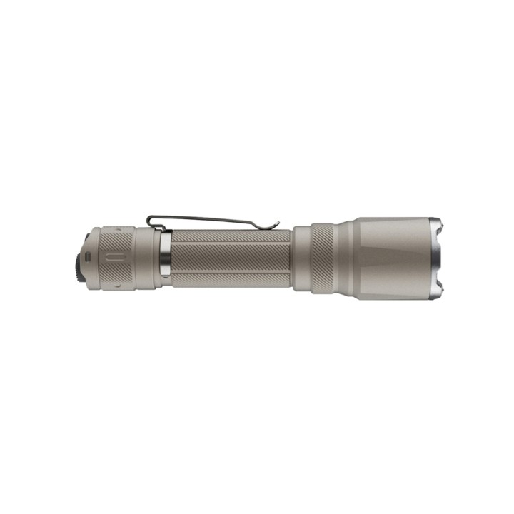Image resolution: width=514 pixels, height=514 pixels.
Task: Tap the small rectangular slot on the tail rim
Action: [x=86, y=255]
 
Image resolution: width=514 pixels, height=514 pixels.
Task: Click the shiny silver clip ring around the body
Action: [x=166, y=258]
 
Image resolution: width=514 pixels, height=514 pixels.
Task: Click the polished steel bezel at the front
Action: [x=436, y=257]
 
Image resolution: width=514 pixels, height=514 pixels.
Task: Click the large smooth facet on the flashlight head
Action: [x=393, y=257]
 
